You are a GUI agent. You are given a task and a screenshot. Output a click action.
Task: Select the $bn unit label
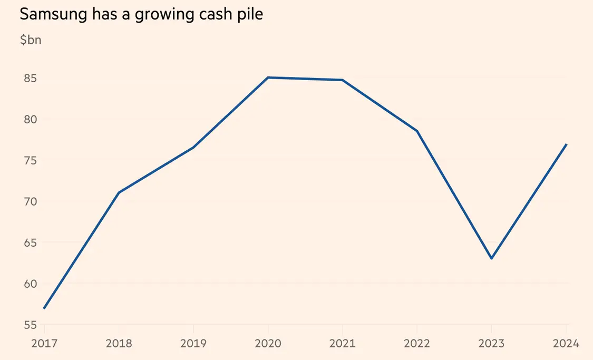click(x=31, y=41)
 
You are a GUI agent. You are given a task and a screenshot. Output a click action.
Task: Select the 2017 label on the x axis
click(x=44, y=344)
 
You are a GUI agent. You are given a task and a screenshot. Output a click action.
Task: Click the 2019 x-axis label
click(x=193, y=344)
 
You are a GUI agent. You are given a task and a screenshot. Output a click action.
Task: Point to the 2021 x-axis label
click(x=343, y=344)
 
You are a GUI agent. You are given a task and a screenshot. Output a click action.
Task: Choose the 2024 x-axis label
click(x=566, y=344)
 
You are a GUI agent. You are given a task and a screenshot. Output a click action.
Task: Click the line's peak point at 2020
click(x=268, y=77)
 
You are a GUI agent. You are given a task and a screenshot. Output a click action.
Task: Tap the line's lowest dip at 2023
click(x=492, y=258)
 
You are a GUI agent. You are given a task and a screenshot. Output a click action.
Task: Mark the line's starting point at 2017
click(x=44, y=308)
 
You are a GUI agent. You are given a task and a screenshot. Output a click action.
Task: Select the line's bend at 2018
click(x=119, y=193)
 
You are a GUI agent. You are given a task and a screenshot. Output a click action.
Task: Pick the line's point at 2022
click(x=417, y=131)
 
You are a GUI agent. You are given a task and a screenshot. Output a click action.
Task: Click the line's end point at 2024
click(x=566, y=144)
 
